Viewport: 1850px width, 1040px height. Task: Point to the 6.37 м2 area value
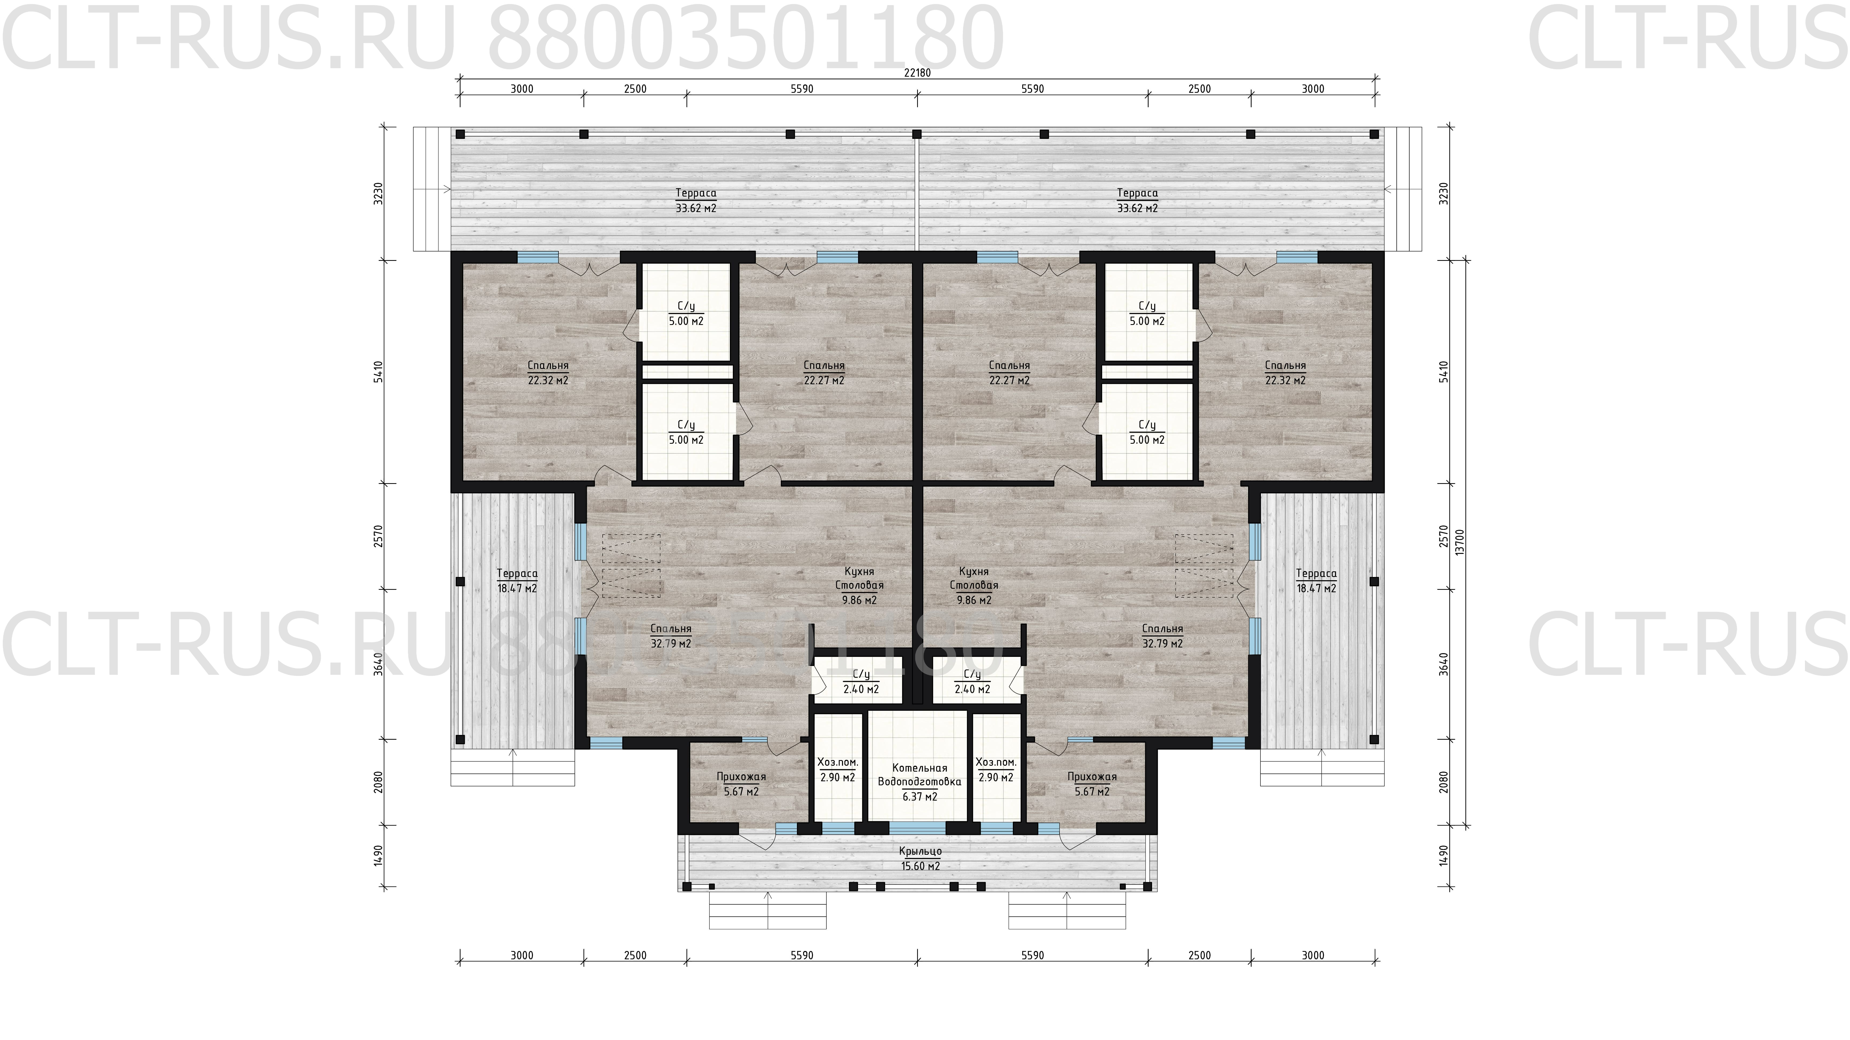(919, 797)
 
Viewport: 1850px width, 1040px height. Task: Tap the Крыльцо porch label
(920, 851)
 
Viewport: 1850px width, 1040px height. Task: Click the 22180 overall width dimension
(918, 72)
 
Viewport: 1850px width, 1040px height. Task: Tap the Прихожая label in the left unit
(741, 777)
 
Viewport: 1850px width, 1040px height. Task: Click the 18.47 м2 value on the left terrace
(516, 589)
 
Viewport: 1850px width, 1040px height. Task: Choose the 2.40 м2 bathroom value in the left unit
(861, 689)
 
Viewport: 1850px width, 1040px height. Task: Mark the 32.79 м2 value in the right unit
(1162, 644)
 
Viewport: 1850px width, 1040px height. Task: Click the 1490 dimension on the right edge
(1444, 856)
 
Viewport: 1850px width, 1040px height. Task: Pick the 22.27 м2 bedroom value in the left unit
(824, 380)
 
